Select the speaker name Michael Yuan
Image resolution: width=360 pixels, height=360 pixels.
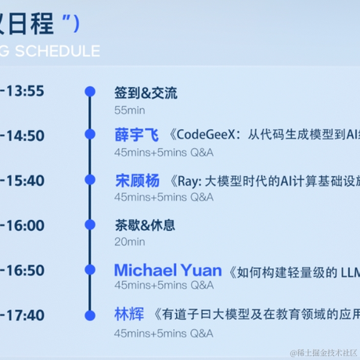coord(167,270)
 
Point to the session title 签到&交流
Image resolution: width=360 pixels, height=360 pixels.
coord(146,93)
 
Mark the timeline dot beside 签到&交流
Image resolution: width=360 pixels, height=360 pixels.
coord(90,92)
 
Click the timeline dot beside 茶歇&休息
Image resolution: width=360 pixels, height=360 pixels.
coord(90,225)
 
